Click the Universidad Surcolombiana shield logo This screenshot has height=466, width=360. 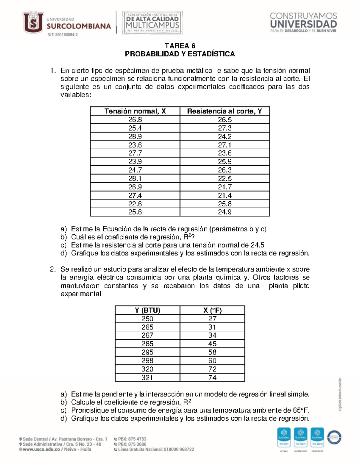[33, 22]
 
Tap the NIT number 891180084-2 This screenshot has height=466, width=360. [62, 35]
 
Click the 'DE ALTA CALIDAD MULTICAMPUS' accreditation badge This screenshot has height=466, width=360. [152, 23]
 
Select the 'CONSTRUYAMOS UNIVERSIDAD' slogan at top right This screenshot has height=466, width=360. [303, 22]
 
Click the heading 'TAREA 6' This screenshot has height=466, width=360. [180, 46]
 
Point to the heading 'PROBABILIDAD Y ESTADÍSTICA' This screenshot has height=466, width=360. [180, 54]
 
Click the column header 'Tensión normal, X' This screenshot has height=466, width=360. [135, 111]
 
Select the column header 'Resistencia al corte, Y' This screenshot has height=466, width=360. [224, 111]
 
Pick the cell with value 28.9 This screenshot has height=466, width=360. [135, 137]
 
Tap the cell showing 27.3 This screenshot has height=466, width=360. [224, 128]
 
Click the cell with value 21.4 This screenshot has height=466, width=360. [224, 195]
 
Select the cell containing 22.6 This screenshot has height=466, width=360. [135, 204]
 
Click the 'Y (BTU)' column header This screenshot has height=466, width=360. [147, 310]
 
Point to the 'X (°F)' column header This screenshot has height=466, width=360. [212, 310]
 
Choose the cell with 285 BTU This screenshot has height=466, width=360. [147, 344]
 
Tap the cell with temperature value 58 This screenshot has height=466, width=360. [212, 352]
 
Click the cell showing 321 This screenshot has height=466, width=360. [147, 377]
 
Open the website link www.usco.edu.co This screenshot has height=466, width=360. [41, 449]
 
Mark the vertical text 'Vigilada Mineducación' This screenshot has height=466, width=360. [340, 394]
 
